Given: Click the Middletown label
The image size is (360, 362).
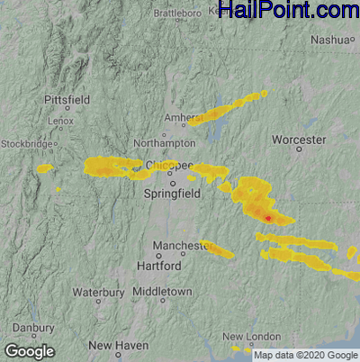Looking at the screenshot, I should pyautogui.click(x=162, y=293).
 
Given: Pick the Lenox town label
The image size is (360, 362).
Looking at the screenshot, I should pyautogui.click(x=61, y=120).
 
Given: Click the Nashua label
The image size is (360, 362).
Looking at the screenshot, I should pyautogui.click(x=327, y=40).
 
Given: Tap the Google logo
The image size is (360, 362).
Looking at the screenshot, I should pyautogui.click(x=30, y=351).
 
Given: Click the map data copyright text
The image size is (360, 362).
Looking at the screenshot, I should pyautogui.click(x=305, y=355).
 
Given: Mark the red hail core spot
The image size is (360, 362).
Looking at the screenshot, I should pyautogui.click(x=268, y=217).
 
